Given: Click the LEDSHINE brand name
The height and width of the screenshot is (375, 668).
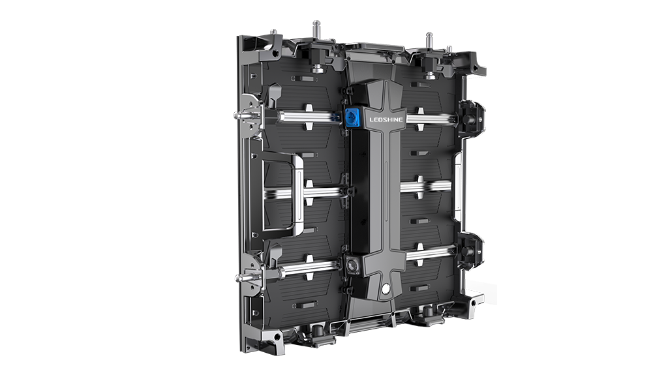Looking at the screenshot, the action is click(386, 120).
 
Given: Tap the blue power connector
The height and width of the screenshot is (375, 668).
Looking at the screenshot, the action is click(352, 115).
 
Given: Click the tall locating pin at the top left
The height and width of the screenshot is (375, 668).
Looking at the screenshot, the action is click(316, 31).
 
